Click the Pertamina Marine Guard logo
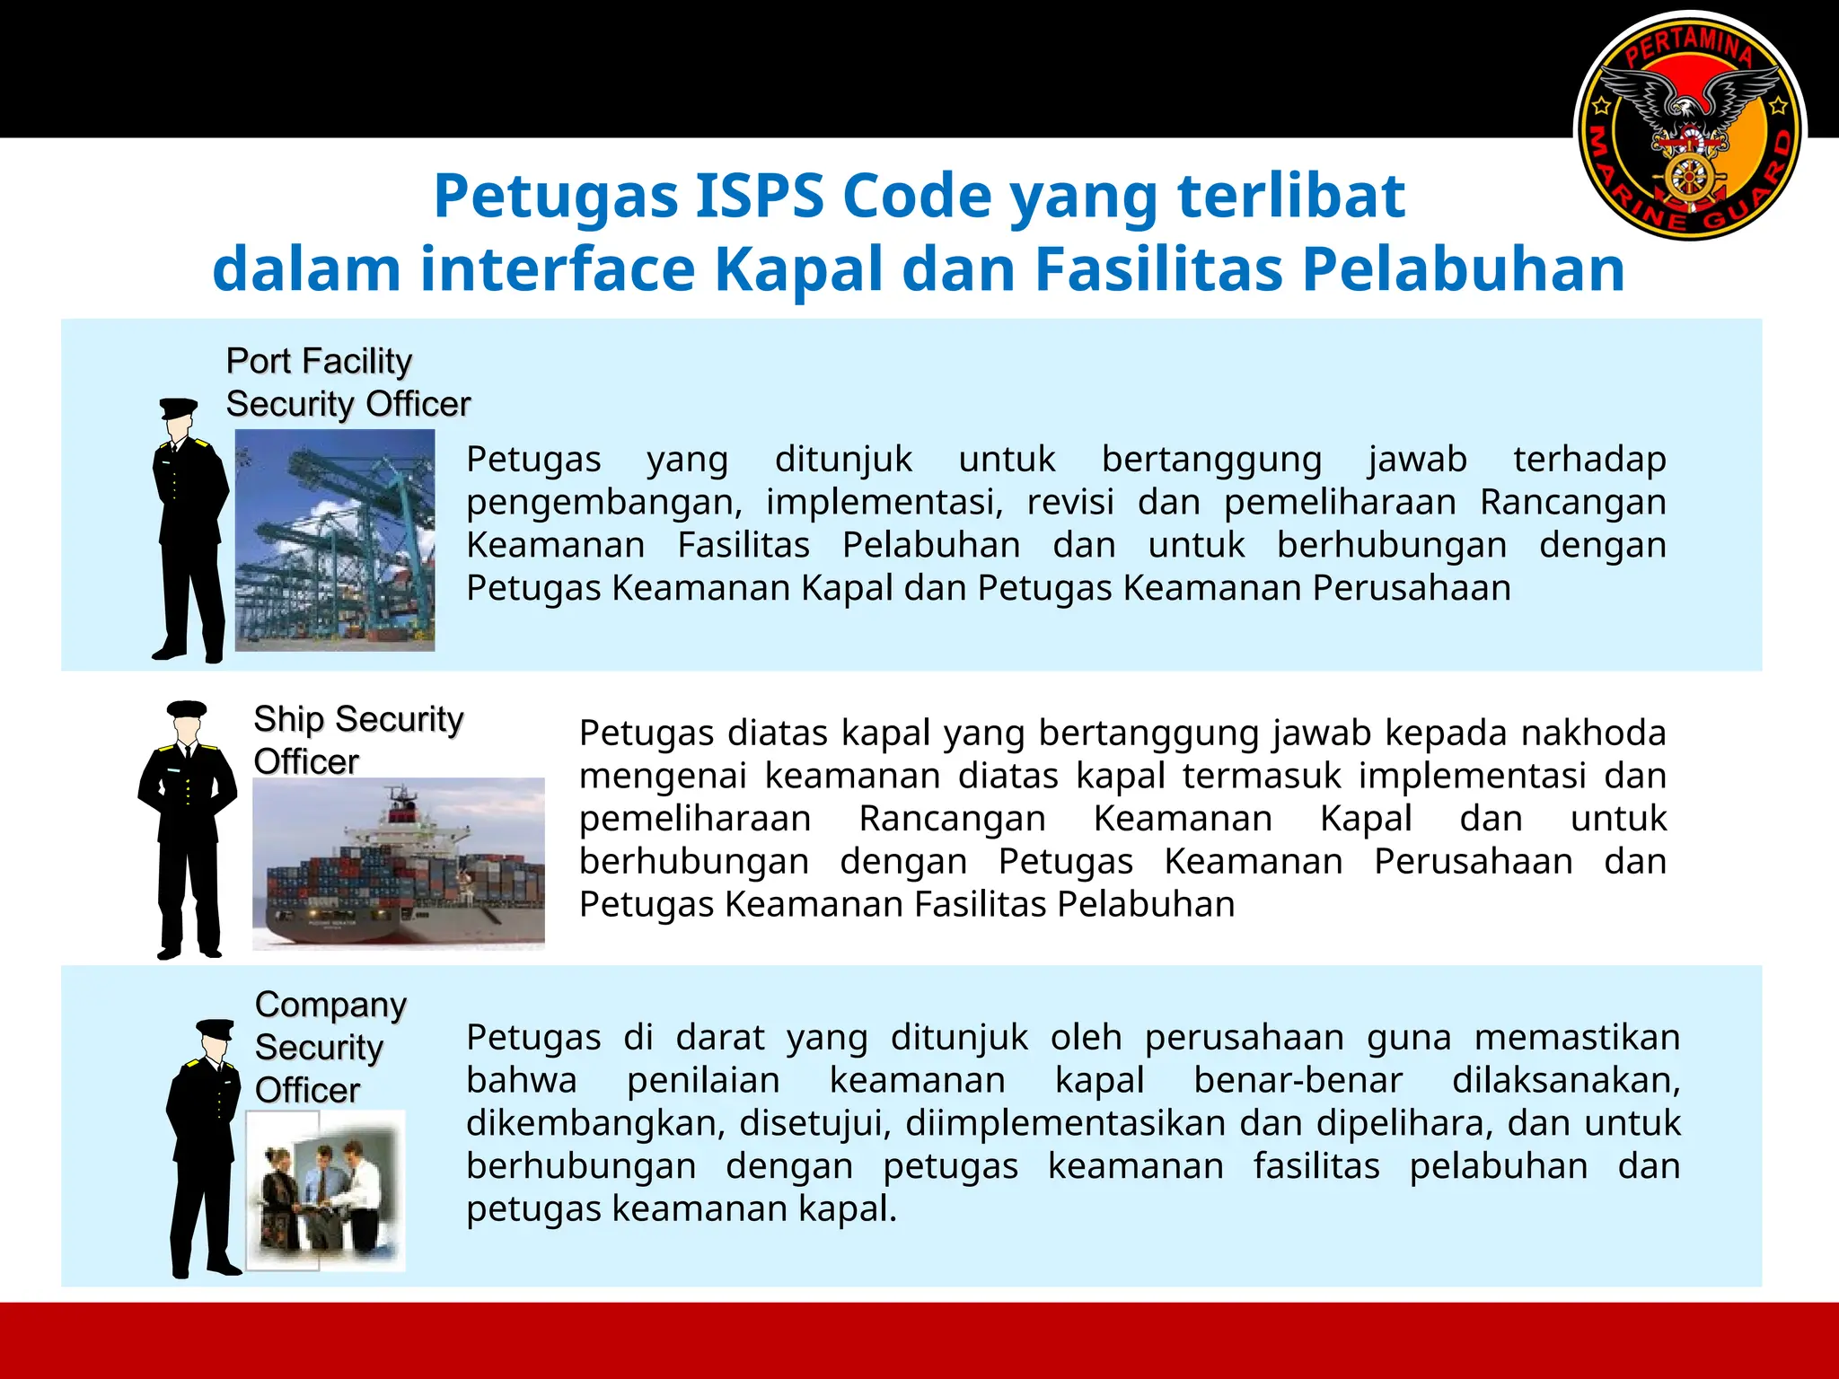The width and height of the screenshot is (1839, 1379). pyautogui.click(x=1690, y=126)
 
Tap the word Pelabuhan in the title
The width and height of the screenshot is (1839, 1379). pyautogui.click(x=1464, y=269)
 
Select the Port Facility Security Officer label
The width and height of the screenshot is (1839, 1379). pyautogui.click(x=348, y=382)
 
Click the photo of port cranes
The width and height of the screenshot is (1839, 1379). pyautogui.click(x=334, y=540)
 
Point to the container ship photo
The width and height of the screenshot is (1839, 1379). pyautogui.click(x=398, y=863)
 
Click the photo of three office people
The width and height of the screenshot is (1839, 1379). pyautogui.click(x=326, y=1190)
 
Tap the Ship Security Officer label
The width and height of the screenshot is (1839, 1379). pyautogui.click(x=357, y=740)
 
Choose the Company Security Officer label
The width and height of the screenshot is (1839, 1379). pyautogui.click(x=330, y=1047)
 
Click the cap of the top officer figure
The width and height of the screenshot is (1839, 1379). pyautogui.click(x=178, y=408)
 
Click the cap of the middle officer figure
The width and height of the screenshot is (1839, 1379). pyautogui.click(x=187, y=709)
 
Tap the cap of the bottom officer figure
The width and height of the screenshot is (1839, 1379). pyautogui.click(x=216, y=1029)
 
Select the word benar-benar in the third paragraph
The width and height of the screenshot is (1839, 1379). pyautogui.click(x=1298, y=1080)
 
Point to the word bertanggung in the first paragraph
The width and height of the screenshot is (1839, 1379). pyautogui.click(x=1211, y=459)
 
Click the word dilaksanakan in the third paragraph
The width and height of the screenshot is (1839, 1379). pyautogui.click(x=1565, y=1080)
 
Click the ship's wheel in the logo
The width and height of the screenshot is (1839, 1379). pyautogui.click(x=1690, y=176)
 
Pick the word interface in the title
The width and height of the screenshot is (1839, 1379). pyautogui.click(x=557, y=269)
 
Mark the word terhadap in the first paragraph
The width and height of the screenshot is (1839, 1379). pyautogui.click(x=1589, y=459)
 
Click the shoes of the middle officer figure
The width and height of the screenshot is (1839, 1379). pyautogui.click(x=189, y=952)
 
